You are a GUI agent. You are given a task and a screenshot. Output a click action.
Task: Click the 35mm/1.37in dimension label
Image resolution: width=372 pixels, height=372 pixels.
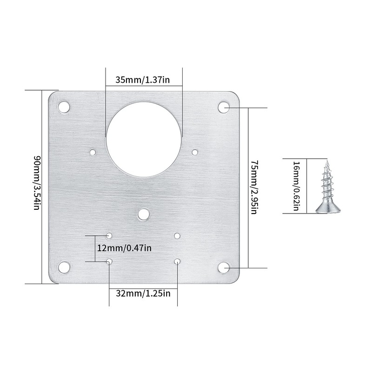tap(143, 80)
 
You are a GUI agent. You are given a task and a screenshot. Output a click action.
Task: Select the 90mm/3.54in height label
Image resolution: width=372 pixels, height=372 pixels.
tap(37, 183)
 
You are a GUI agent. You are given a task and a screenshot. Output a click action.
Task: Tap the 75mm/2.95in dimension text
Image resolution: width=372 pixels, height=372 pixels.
tap(254, 187)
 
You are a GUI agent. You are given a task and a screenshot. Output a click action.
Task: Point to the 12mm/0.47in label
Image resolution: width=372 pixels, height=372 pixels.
tap(124, 248)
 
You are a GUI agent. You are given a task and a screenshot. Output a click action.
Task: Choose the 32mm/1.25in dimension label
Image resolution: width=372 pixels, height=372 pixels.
tap(143, 293)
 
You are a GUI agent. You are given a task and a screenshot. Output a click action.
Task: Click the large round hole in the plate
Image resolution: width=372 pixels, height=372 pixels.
tap(144, 139)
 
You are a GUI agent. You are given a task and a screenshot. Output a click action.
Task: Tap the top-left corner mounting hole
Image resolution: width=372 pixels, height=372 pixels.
tap(64, 107)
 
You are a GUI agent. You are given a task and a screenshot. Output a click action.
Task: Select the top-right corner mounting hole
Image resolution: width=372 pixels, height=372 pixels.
tap(224, 107)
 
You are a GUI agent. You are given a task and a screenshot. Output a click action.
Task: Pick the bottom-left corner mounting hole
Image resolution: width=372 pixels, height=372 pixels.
tap(64, 267)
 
